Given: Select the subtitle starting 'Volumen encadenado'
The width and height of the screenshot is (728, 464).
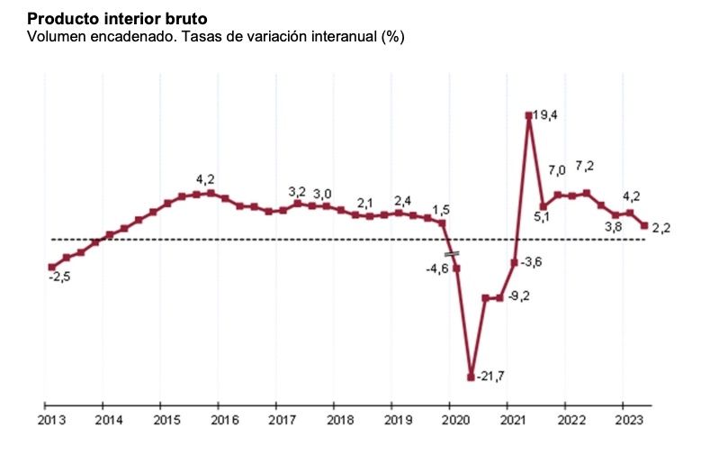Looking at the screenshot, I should pos(216,37).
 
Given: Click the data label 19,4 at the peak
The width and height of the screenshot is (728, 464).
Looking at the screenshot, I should pos(546,115).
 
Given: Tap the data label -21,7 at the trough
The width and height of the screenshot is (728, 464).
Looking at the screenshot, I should pos(490,376).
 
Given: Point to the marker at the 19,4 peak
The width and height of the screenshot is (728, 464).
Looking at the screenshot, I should pos(529,115).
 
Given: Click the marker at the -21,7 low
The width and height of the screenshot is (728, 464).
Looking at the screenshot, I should pos(471,377).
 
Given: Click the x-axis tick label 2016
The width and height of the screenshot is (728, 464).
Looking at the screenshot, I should pos(223,420).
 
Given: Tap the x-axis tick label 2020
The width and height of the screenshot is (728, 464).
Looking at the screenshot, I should pos(456,420).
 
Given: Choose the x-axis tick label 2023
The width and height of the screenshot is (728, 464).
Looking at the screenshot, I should pos(628,420).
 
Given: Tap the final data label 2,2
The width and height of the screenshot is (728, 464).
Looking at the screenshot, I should pos(661,228).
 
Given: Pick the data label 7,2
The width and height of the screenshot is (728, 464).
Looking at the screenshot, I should pos(584,167).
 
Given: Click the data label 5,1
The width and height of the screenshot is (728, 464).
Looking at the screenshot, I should pos(543,216).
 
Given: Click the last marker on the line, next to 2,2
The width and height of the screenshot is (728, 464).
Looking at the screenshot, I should pos(644,226).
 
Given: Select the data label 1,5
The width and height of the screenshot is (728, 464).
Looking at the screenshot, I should pos(441,210).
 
